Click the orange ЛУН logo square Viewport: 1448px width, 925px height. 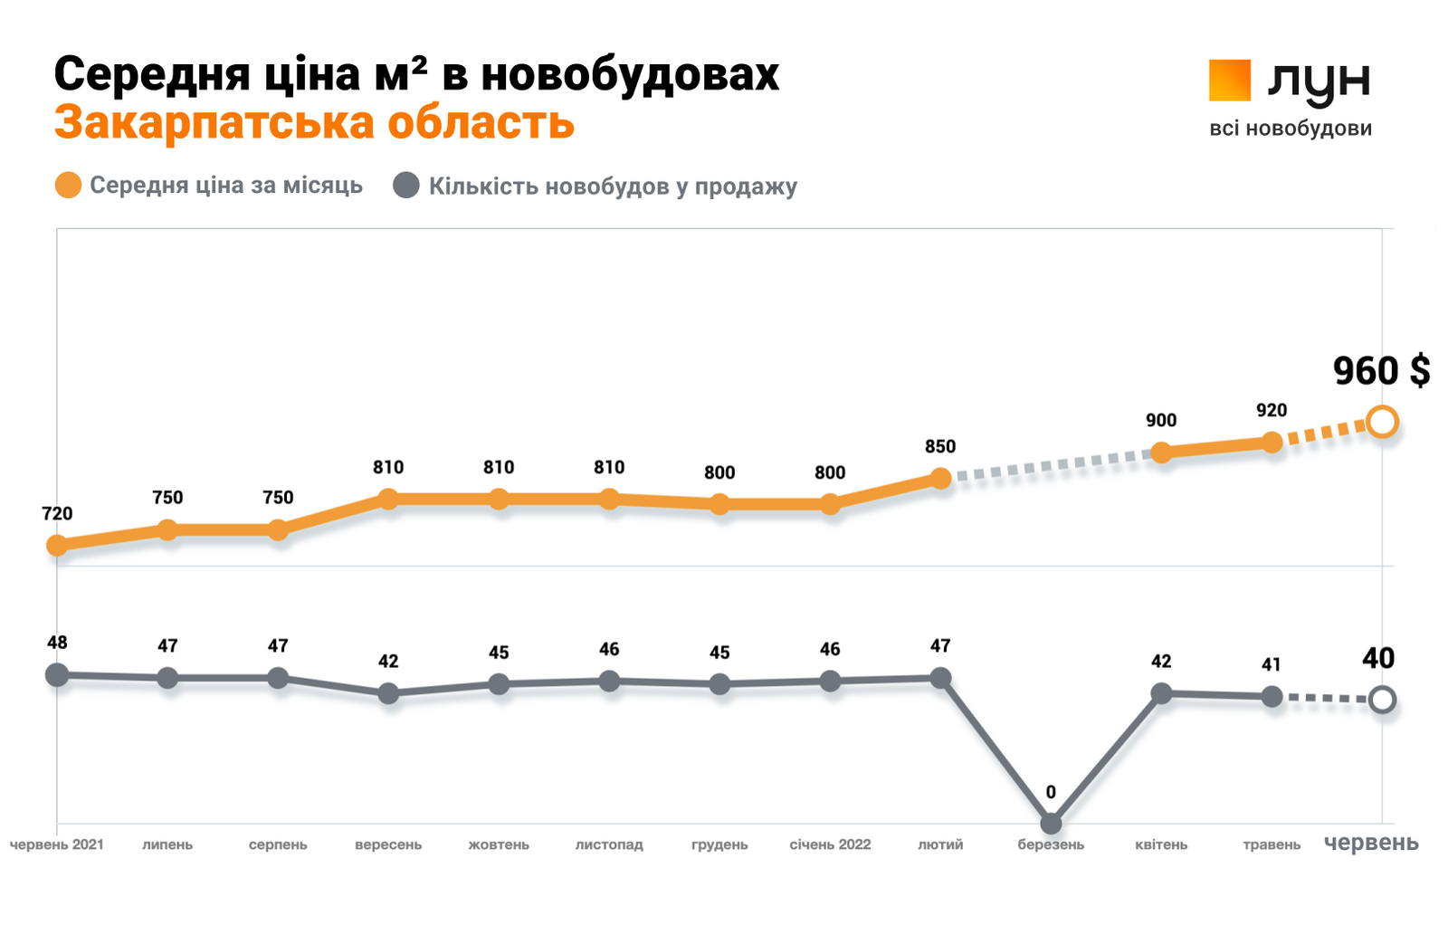[x=1229, y=81]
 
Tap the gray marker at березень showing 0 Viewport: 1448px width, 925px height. [x=1051, y=823]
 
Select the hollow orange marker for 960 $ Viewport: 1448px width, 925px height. [x=1382, y=422]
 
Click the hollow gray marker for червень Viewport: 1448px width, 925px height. [x=1382, y=700]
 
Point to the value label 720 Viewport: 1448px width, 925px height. [x=57, y=514]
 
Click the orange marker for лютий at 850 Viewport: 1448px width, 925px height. [x=940, y=478]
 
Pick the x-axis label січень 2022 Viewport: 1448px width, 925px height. [x=830, y=844]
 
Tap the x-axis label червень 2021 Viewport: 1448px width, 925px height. [x=57, y=844]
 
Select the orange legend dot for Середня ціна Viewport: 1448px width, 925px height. [x=69, y=186]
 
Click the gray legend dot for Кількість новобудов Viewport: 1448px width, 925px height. [x=406, y=186]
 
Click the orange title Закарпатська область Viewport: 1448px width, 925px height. [x=314, y=123]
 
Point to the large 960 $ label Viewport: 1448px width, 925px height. [x=1381, y=371]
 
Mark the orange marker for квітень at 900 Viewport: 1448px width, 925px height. [x=1161, y=453]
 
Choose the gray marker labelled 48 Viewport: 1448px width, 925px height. [x=57, y=674]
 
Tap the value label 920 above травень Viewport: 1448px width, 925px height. [x=1272, y=410]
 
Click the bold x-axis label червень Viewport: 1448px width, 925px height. [x=1371, y=844]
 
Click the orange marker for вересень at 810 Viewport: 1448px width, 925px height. [x=388, y=499]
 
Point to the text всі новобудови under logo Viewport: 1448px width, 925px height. [x=1291, y=129]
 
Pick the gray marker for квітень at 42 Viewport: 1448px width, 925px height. [x=1161, y=693]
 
